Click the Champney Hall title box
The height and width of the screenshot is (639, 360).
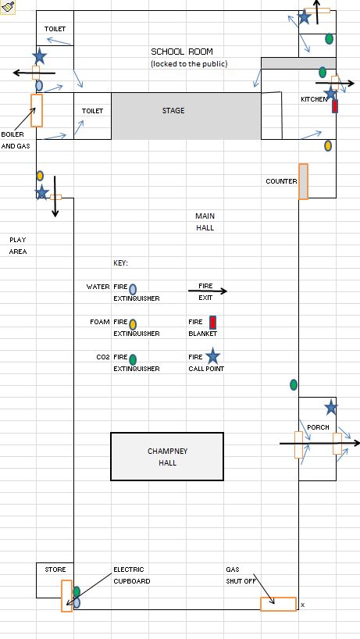(167, 456)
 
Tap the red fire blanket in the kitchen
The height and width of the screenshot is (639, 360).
(335, 106)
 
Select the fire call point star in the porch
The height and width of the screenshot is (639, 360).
(331, 408)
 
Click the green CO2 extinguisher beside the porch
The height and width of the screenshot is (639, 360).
(294, 384)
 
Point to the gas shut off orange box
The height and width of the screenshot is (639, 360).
(278, 604)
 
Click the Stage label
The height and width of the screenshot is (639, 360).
(173, 110)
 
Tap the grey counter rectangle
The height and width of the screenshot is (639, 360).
(304, 181)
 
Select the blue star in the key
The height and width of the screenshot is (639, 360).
(212, 356)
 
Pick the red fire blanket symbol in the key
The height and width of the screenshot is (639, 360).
(212, 323)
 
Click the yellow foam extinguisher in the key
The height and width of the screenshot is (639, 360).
(133, 324)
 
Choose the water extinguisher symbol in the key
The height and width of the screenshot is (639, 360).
(133, 289)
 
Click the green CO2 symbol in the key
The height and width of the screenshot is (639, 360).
(133, 359)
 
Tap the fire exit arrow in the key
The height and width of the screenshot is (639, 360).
(207, 291)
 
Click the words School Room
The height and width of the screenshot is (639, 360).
(182, 52)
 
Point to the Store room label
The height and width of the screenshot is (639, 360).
(55, 569)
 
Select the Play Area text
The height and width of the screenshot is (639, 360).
(18, 246)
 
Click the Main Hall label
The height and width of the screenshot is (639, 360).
(205, 222)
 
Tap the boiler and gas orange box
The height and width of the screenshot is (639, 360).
(37, 110)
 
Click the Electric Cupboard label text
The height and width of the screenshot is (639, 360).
(131, 575)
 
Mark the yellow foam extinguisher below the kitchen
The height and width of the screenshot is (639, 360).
(328, 145)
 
